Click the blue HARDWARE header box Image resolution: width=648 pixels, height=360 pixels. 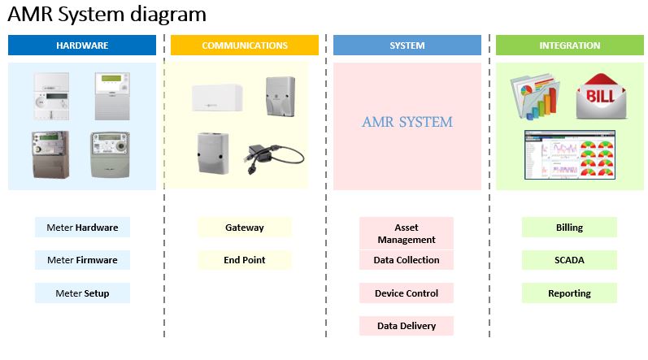point(82,46)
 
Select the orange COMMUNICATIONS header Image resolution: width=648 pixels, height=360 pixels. point(244,46)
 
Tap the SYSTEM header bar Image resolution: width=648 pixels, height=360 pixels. point(407,46)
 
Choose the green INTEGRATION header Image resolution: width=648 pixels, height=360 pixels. point(569,46)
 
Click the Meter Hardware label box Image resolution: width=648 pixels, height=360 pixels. point(82,228)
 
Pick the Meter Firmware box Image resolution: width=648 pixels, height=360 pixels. point(82,260)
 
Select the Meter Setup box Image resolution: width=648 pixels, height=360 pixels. point(82,293)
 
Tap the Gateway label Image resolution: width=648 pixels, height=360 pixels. point(244,228)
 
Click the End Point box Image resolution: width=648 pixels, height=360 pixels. point(244,260)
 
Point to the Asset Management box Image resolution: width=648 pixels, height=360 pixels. point(407,233)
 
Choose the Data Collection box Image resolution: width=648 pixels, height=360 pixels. point(407,260)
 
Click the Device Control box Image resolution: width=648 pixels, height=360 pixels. point(407,293)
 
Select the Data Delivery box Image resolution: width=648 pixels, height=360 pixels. point(407,326)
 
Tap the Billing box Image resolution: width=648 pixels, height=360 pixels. point(569,228)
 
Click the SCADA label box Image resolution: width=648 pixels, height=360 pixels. point(569,260)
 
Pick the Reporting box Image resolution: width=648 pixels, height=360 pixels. point(569,293)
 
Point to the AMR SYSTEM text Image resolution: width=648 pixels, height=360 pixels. point(407,122)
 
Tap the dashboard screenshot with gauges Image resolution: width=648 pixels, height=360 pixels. point(570,155)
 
